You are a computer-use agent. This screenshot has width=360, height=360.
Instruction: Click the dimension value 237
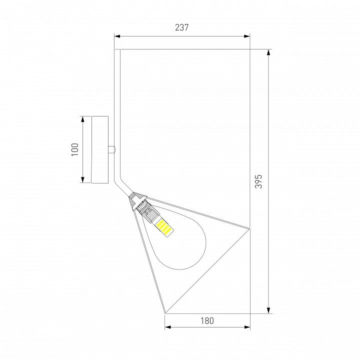pos(182,27)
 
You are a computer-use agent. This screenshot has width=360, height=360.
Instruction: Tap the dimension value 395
pos(258,181)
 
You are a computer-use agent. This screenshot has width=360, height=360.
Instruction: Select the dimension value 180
pos(207,320)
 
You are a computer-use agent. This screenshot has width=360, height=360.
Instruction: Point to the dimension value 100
pos(75,149)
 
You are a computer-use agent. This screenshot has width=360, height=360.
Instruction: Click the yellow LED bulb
pos(164,228)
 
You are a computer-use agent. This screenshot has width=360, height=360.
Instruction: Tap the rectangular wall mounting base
pos(100,149)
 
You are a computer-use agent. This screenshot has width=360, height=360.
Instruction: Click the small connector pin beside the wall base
pos(112,149)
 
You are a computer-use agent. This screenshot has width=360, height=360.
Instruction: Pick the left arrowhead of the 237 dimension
pos(117,36)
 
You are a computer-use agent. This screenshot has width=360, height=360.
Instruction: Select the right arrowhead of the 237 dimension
pos(247,36)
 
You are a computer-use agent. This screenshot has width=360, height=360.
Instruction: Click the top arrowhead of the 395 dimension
pos(268,52)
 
